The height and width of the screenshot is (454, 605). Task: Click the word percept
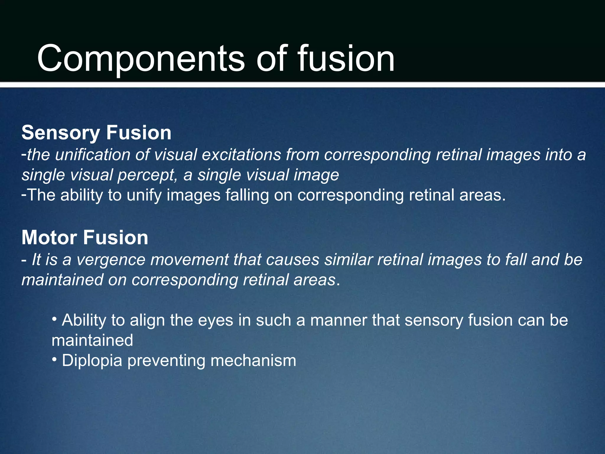click(147, 175)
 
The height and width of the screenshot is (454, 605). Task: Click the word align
click(147, 320)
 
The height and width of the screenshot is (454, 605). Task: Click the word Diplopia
click(92, 361)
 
